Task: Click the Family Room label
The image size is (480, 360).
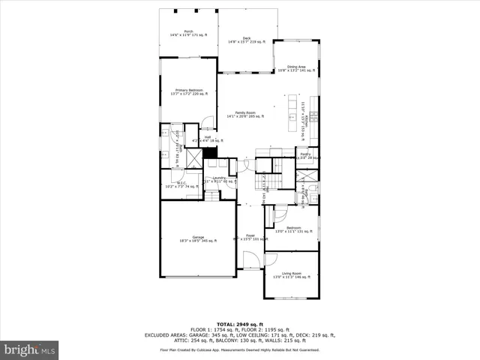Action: point(245,114)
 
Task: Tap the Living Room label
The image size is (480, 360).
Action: point(292,275)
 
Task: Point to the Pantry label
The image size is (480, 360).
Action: point(306,156)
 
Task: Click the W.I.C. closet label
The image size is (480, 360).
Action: point(181,184)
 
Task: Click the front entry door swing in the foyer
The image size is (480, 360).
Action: point(250,259)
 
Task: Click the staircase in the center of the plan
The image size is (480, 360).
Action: point(266,181)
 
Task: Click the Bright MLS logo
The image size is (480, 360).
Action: point(29,349)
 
